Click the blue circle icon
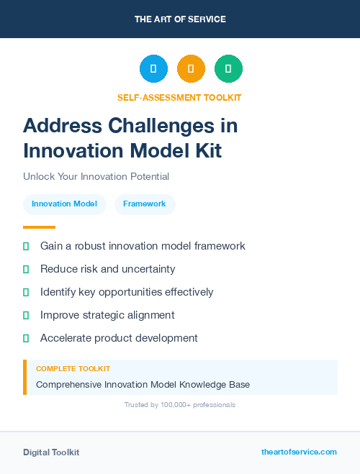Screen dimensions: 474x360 (x=153, y=69)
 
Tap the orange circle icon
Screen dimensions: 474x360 (x=191, y=69)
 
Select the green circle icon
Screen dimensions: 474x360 (x=228, y=69)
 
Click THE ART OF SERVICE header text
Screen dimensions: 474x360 (x=180, y=19)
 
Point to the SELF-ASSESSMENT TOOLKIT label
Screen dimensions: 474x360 (x=179, y=97)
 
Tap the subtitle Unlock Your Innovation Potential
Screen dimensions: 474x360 (x=96, y=176)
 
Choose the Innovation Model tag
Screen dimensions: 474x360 (x=64, y=204)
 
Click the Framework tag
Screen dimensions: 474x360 (x=145, y=204)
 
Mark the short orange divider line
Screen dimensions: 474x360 (x=39, y=227)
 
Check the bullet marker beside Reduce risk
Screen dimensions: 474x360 (x=26, y=270)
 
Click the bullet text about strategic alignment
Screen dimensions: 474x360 (x=107, y=315)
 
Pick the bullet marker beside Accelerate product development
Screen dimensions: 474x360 (x=26, y=338)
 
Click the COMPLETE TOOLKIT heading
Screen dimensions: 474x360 (x=73, y=368)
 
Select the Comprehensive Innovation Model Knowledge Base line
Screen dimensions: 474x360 (x=143, y=385)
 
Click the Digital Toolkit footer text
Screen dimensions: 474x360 (x=51, y=452)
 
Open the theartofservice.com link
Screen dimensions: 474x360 (x=299, y=452)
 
